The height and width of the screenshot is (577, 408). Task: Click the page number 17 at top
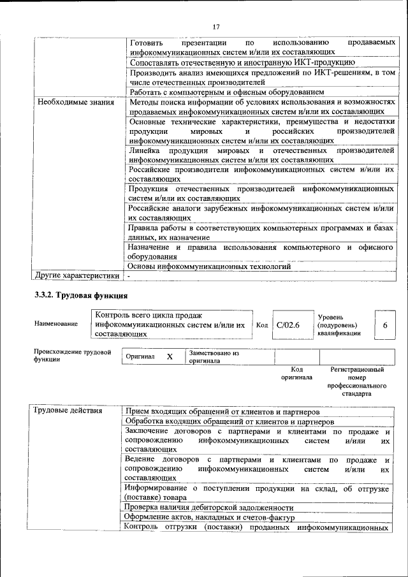pyautogui.click(x=215, y=27)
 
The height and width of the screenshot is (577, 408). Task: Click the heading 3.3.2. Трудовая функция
pyautogui.click(x=81, y=295)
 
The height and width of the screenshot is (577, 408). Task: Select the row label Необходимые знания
pyautogui.click(x=75, y=102)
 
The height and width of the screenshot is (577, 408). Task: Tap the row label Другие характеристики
pyautogui.click(x=77, y=276)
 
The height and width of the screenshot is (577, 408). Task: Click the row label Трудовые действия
pyautogui.click(x=68, y=410)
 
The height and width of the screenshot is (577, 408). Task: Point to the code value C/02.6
pyautogui.click(x=288, y=325)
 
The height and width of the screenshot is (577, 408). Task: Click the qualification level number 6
pyautogui.click(x=385, y=325)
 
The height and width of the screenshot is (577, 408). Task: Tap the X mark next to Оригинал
pyautogui.click(x=170, y=356)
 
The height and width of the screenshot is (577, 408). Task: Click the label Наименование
pyautogui.click(x=56, y=325)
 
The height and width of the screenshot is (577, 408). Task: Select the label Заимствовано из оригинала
pyautogui.click(x=214, y=356)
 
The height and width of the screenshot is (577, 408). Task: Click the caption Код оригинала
pyautogui.click(x=296, y=373)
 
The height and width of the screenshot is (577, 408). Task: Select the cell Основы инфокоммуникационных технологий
pyautogui.click(x=209, y=267)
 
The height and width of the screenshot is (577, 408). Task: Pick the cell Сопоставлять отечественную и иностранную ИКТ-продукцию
pyautogui.click(x=242, y=63)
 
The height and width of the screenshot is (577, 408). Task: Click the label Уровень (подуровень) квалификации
pyautogui.click(x=338, y=325)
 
